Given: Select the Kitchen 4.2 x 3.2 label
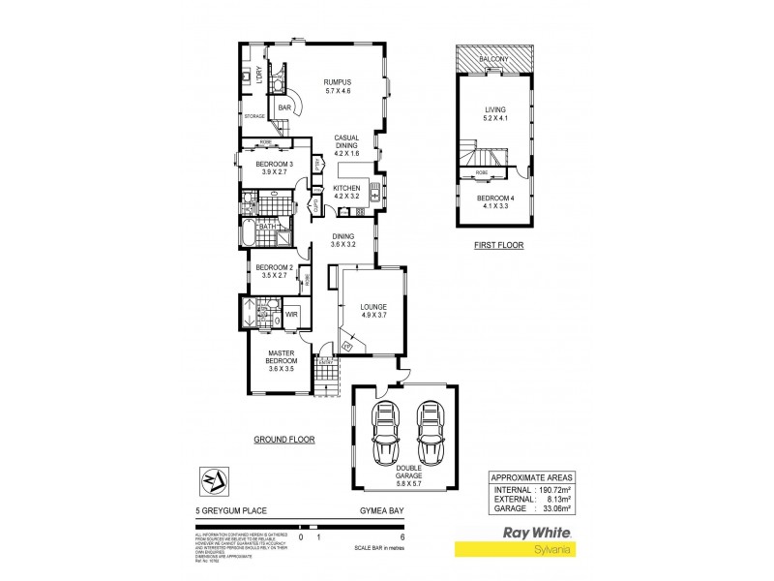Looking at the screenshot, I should pos(346,192).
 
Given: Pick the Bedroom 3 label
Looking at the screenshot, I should pos(275,168).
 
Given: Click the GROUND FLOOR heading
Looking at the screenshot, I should pos(284,439).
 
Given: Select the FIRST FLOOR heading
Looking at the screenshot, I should pos(498,246).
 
